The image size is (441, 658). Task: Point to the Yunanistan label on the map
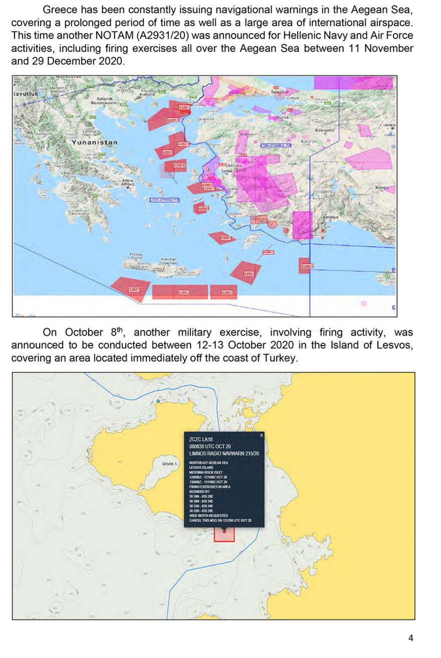click(x=95, y=142)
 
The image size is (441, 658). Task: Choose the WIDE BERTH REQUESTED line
click(x=208, y=516)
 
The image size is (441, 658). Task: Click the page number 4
click(x=411, y=638)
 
